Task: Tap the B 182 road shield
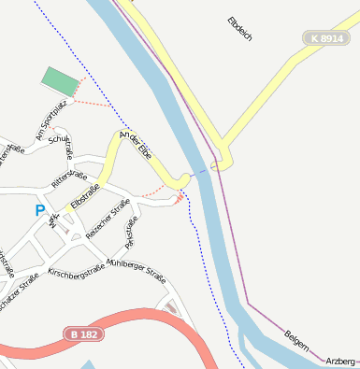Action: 84,334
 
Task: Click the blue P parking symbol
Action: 39,210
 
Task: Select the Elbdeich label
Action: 240,29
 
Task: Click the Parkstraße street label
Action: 131,231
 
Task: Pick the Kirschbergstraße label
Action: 76,272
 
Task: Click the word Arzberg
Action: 340,360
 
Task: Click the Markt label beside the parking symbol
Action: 54,220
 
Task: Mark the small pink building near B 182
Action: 170,306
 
